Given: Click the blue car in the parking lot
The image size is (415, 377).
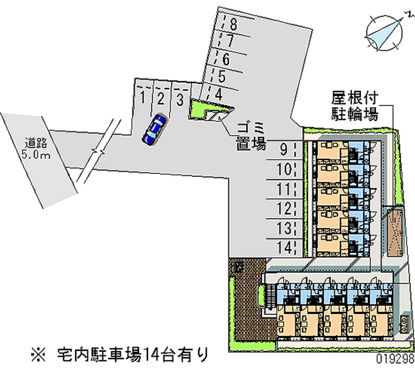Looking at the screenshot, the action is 154,129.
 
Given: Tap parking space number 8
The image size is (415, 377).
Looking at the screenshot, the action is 233,23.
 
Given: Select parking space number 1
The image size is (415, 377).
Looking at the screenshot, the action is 142,97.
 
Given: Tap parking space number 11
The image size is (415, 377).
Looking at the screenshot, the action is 283,188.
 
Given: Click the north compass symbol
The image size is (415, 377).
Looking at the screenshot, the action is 384,33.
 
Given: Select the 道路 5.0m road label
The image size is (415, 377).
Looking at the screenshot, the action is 35,147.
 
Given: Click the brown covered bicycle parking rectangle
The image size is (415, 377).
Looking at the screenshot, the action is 394,231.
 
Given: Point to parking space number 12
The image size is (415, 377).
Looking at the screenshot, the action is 283,208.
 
